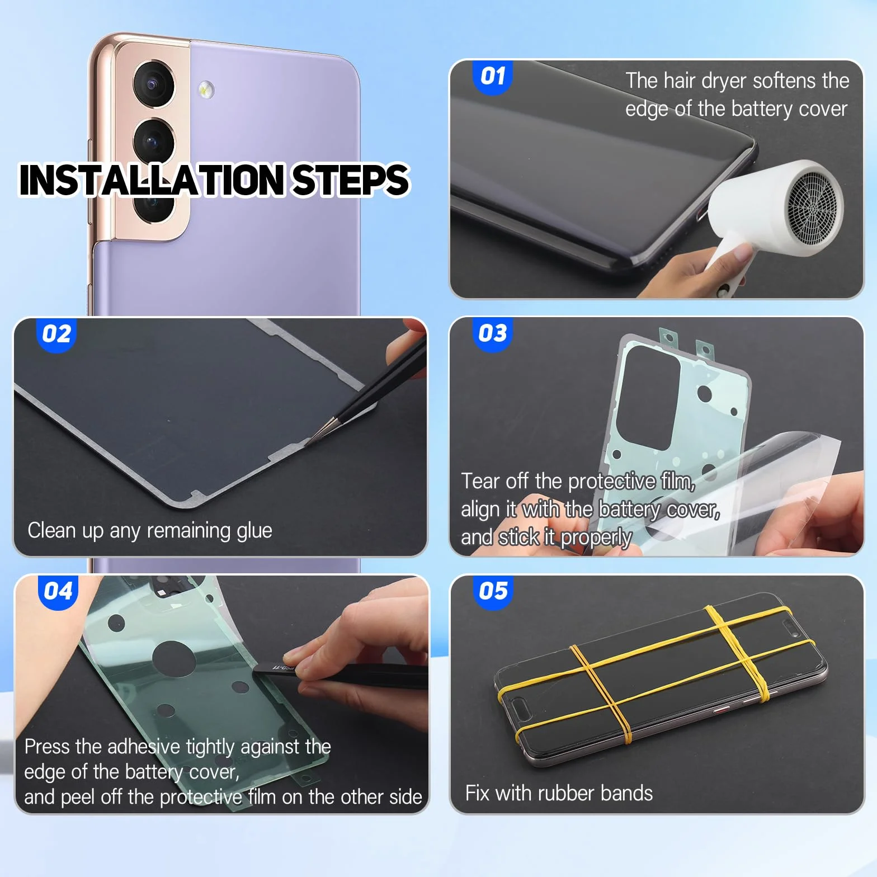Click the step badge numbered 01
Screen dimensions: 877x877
[493, 77]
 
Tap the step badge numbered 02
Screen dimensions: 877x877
[56, 334]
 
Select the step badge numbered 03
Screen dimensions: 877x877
[492, 334]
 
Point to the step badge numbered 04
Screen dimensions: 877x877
[58, 591]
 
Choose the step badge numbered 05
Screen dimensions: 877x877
[493, 591]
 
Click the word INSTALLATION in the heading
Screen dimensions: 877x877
[152, 180]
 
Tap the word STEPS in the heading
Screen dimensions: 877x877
[351, 180]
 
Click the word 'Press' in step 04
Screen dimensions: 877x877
[47, 747]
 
